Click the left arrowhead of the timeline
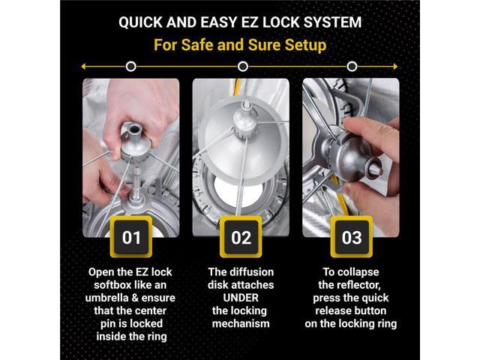[83, 67]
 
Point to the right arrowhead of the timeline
[395, 67]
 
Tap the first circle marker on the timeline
[131, 67]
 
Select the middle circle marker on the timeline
[243, 67]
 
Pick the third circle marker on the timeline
[352, 67]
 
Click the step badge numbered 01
[131, 237]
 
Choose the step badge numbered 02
[241, 237]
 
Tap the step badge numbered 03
[352, 237]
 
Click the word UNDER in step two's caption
[241, 298]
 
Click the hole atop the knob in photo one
[133, 129]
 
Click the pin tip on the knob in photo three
[377, 169]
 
